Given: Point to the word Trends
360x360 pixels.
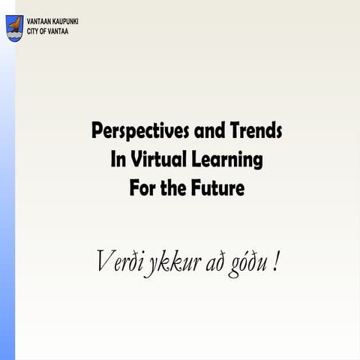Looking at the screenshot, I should tap(257, 131).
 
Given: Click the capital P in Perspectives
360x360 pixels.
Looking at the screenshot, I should tap(97, 131).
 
